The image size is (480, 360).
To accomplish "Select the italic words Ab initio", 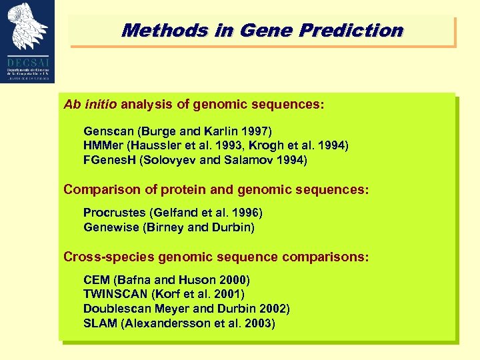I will (x=90, y=105).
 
